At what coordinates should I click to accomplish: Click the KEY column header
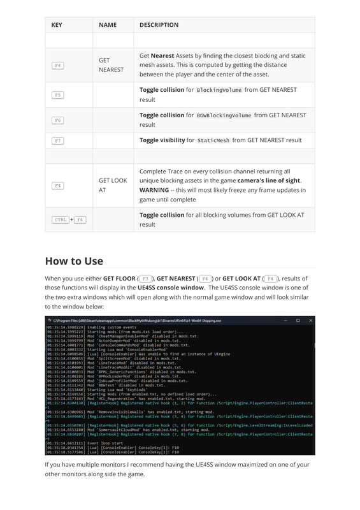(x=57, y=25)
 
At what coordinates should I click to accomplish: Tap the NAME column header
(x=108, y=25)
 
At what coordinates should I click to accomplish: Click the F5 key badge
(x=57, y=94)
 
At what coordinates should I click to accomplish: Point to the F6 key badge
(x=57, y=120)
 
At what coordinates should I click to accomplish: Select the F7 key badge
(x=57, y=140)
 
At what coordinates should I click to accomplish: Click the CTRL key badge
(x=61, y=220)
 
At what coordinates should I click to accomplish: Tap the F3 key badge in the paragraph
(x=145, y=279)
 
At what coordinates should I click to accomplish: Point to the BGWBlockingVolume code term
(x=224, y=115)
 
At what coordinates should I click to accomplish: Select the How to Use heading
(x=74, y=261)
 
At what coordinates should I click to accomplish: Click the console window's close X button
(x=310, y=320)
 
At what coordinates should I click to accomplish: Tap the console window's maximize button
(x=298, y=320)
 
